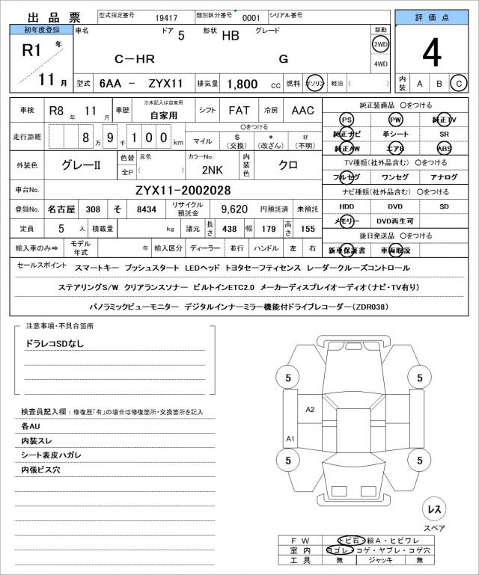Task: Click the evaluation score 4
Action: coord(430,52)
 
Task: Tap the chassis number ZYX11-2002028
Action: coord(183,190)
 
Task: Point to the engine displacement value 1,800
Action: coord(242,84)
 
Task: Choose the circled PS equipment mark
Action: coord(346,120)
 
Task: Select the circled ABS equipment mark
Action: coord(444,148)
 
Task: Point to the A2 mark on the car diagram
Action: coord(310,409)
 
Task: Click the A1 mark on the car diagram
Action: coord(290,438)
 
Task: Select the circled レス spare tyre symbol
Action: coord(433,509)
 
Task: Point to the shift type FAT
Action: coord(239,111)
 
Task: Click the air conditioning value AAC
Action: coord(302,111)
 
